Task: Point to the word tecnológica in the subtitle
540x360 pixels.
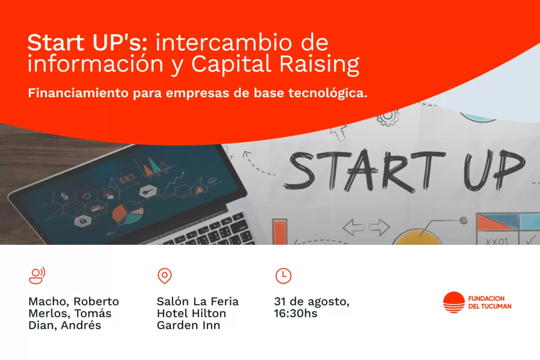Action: click(334, 94)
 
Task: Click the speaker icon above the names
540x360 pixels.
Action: click(37, 275)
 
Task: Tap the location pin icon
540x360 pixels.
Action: click(165, 276)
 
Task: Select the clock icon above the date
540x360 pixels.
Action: click(283, 275)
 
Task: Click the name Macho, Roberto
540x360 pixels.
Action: click(73, 301)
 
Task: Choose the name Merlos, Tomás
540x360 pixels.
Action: click(70, 313)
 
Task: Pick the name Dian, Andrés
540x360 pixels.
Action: click(65, 325)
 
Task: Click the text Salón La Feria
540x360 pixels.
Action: click(198, 301)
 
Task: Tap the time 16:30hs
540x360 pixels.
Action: click(296, 313)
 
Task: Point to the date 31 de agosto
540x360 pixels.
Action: click(311, 301)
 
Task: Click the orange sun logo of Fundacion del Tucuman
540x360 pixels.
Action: click(454, 302)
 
